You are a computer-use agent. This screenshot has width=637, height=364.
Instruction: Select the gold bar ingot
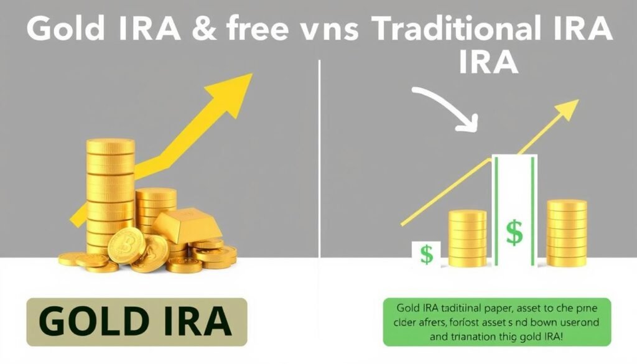click(187, 225)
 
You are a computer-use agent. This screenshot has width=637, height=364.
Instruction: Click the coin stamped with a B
click(127, 245)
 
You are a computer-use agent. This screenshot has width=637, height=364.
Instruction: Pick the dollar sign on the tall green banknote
click(514, 232)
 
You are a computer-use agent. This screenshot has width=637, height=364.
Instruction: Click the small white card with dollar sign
click(426, 254)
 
